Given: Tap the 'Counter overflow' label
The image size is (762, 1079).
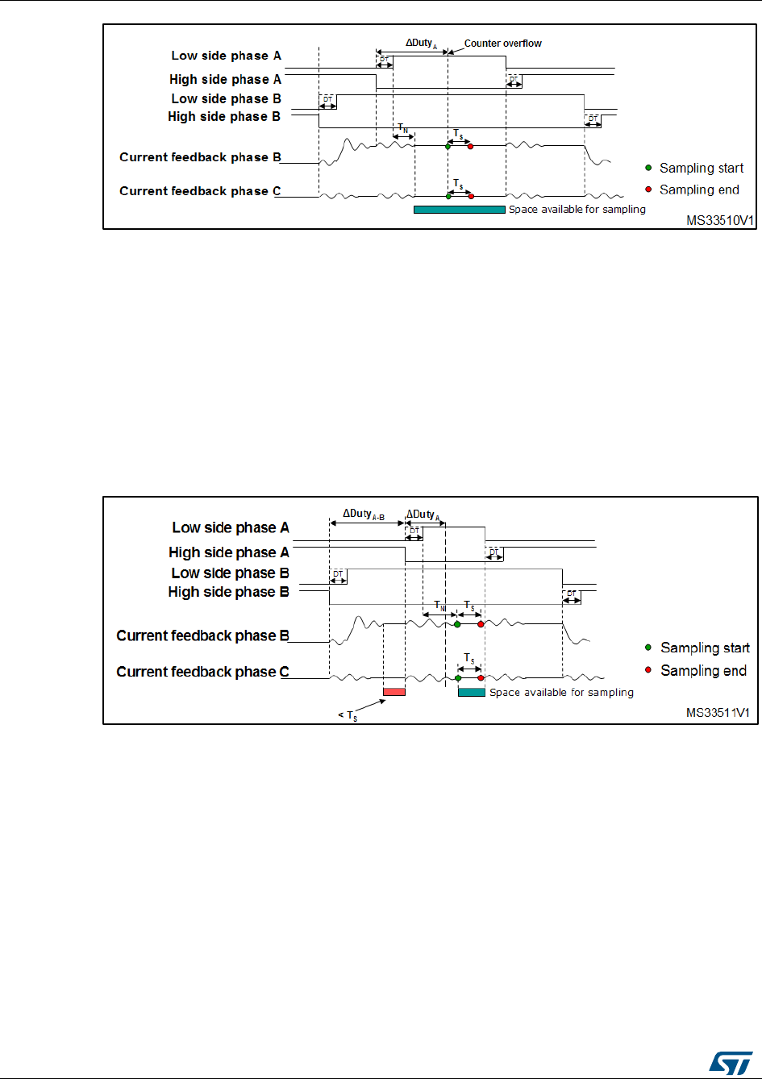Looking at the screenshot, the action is coord(502,44).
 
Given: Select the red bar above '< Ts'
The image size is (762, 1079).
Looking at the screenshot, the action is coord(393,692).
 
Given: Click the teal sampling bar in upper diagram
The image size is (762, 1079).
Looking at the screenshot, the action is coord(459,210).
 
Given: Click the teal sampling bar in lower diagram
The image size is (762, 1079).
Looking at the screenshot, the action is coord(471,692).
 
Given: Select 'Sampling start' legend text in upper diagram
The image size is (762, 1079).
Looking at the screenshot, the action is coord(702,168).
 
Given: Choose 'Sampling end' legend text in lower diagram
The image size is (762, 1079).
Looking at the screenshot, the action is coord(703,670).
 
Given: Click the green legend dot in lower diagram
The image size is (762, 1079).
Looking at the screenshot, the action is coord(648,648).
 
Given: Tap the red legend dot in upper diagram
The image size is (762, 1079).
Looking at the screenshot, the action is coord(647,190).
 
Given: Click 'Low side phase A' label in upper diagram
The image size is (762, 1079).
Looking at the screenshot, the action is coord(226,56).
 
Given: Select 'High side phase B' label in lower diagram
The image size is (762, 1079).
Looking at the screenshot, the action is coord(228,592).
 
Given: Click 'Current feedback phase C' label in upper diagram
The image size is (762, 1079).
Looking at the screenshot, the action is coord(200,191).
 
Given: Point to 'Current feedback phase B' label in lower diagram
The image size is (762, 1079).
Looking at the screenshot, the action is coord(202,635).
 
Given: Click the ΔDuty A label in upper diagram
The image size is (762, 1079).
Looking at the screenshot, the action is coord(422,43).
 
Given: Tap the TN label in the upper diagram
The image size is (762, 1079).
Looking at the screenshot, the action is coord(402,128).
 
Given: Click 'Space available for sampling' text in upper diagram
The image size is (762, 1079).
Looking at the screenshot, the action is coord(577,210).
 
